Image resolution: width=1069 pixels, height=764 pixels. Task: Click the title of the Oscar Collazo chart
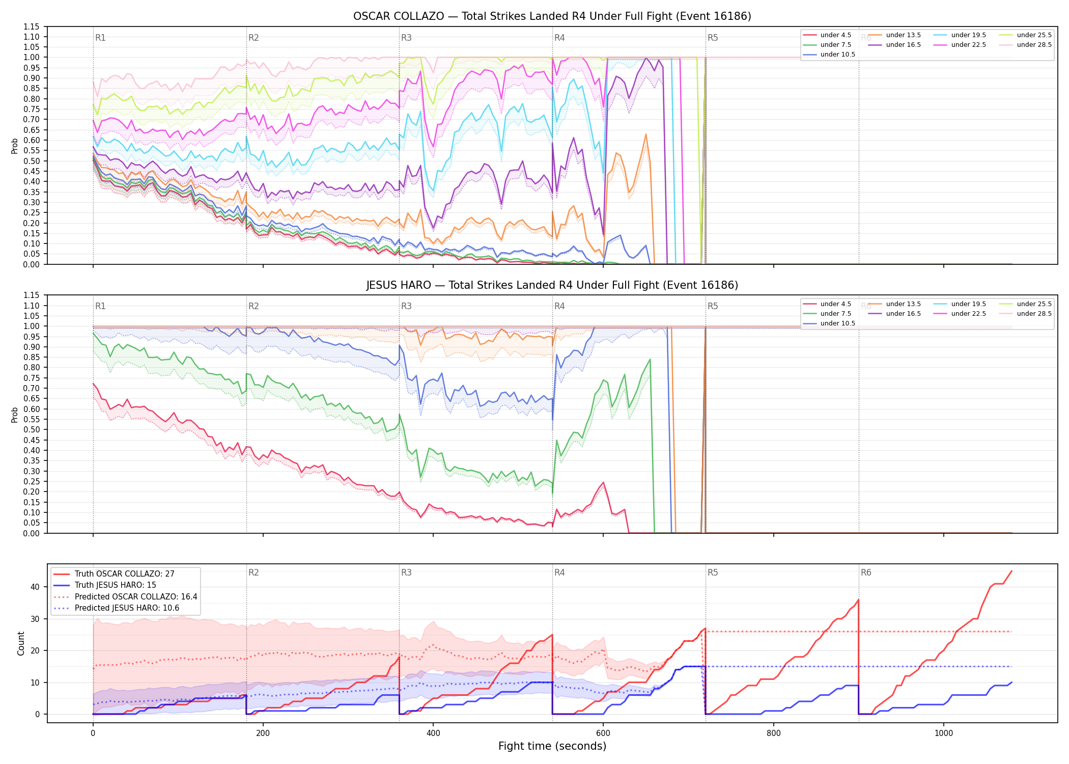click(552, 16)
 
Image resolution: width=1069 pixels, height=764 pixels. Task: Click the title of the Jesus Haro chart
click(552, 285)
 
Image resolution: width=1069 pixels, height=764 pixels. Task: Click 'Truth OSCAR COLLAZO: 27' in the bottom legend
click(124, 574)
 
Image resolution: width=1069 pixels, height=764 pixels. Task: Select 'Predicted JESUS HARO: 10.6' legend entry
click(127, 608)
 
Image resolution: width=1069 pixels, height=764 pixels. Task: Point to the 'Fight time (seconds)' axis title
click(552, 746)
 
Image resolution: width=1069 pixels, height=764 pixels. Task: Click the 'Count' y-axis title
click(21, 643)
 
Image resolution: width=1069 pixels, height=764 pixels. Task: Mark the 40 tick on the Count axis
click(35, 587)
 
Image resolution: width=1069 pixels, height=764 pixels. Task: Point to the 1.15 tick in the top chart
click(31, 26)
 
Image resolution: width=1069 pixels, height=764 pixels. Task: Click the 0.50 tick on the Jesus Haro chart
click(31, 429)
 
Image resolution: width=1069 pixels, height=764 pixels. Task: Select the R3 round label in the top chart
click(406, 38)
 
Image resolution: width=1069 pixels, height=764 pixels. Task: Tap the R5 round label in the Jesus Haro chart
click(713, 306)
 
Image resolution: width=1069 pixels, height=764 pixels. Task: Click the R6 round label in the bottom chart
click(866, 572)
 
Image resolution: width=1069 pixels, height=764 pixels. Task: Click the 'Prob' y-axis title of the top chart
click(15, 146)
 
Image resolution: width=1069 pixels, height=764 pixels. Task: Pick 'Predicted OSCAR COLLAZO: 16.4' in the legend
click(136, 597)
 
